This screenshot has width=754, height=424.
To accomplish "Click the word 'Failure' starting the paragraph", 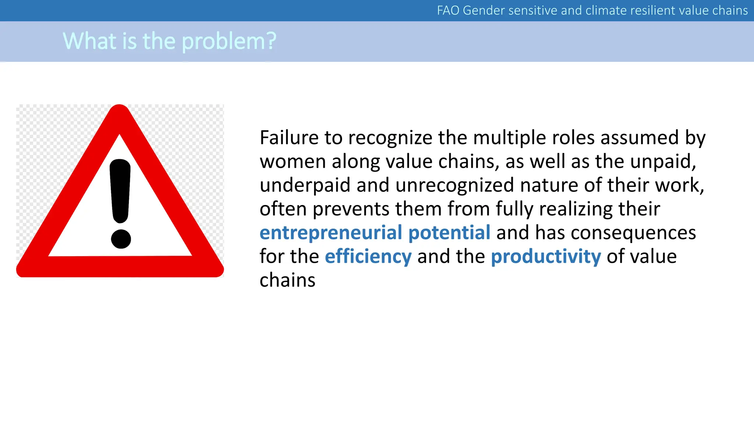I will tap(289, 138).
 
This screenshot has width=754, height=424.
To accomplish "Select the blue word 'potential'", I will tap(449, 233).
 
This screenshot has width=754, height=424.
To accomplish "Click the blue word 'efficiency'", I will tap(368, 257).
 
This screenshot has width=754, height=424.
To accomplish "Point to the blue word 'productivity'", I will tap(546, 257).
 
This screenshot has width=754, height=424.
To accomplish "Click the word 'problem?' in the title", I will tap(229, 41).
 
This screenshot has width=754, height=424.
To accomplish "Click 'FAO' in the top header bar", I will tap(448, 10).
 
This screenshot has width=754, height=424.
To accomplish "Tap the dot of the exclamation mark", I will tap(121, 239).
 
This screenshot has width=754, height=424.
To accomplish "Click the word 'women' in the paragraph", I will tap(292, 162).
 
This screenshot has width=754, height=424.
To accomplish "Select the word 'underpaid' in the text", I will tap(305, 185).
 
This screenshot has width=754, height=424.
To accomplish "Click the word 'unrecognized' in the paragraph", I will tap(454, 185).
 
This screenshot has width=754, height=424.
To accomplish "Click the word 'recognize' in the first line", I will tap(390, 138).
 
